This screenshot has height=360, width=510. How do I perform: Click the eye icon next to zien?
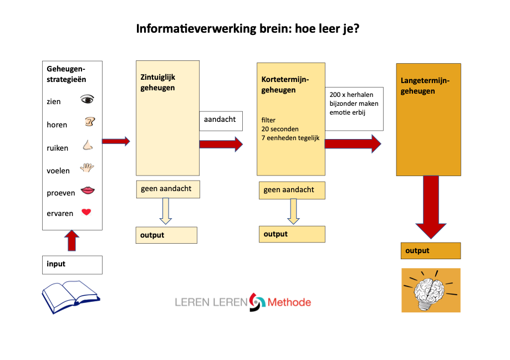87,100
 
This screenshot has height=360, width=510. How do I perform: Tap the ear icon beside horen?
89,122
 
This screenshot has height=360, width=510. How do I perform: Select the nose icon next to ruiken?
88,145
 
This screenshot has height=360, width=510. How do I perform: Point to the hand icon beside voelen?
87,168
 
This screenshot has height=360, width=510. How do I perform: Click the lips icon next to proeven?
87,191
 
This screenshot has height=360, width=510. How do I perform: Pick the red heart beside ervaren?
86,212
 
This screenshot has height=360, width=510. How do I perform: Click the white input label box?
72,264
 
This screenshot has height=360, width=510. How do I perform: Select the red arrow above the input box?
72,241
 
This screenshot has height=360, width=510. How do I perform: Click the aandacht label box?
220,120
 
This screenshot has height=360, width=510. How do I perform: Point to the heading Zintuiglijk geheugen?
157,83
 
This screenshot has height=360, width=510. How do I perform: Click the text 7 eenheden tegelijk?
290,137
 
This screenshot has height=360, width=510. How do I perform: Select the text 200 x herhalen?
351,95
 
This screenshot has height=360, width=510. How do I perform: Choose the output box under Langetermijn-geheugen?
431,251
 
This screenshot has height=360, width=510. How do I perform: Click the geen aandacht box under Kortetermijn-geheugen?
292,190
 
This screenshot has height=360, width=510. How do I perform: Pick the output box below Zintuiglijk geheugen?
166,235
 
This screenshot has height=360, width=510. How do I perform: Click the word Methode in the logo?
289,302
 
